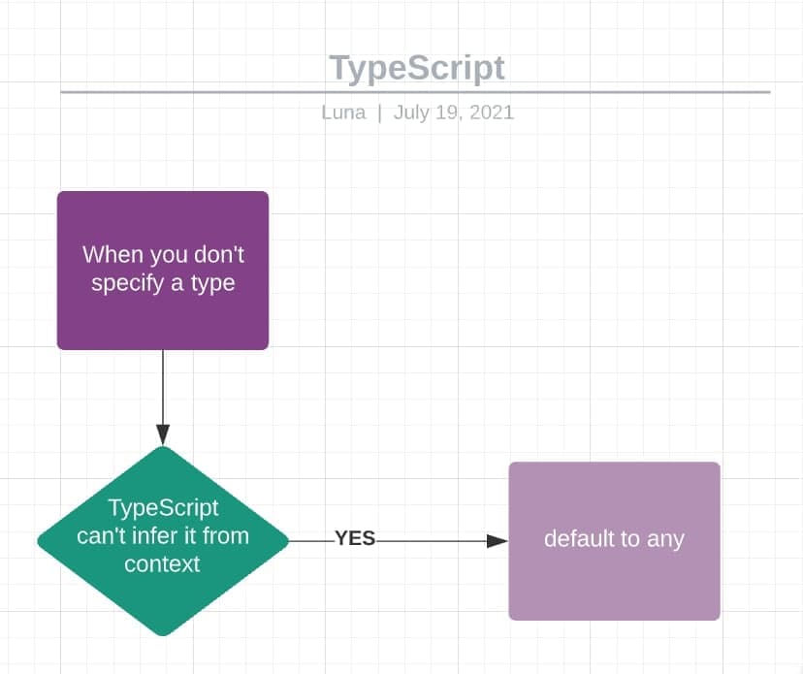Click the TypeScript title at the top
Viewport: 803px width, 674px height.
(416, 68)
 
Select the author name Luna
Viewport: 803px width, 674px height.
(343, 112)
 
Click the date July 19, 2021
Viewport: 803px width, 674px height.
(453, 112)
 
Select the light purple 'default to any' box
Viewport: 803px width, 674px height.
(614, 582)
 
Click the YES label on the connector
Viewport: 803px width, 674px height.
(355, 539)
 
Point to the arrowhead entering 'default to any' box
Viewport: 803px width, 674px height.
(497, 541)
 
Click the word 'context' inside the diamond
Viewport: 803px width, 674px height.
(162, 563)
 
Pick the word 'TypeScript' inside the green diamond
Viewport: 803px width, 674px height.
(163, 507)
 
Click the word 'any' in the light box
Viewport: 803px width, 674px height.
(665, 539)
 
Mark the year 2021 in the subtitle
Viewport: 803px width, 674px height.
(491, 112)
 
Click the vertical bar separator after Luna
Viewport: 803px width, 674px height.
(379, 112)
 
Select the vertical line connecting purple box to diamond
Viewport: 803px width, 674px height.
(163, 388)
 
